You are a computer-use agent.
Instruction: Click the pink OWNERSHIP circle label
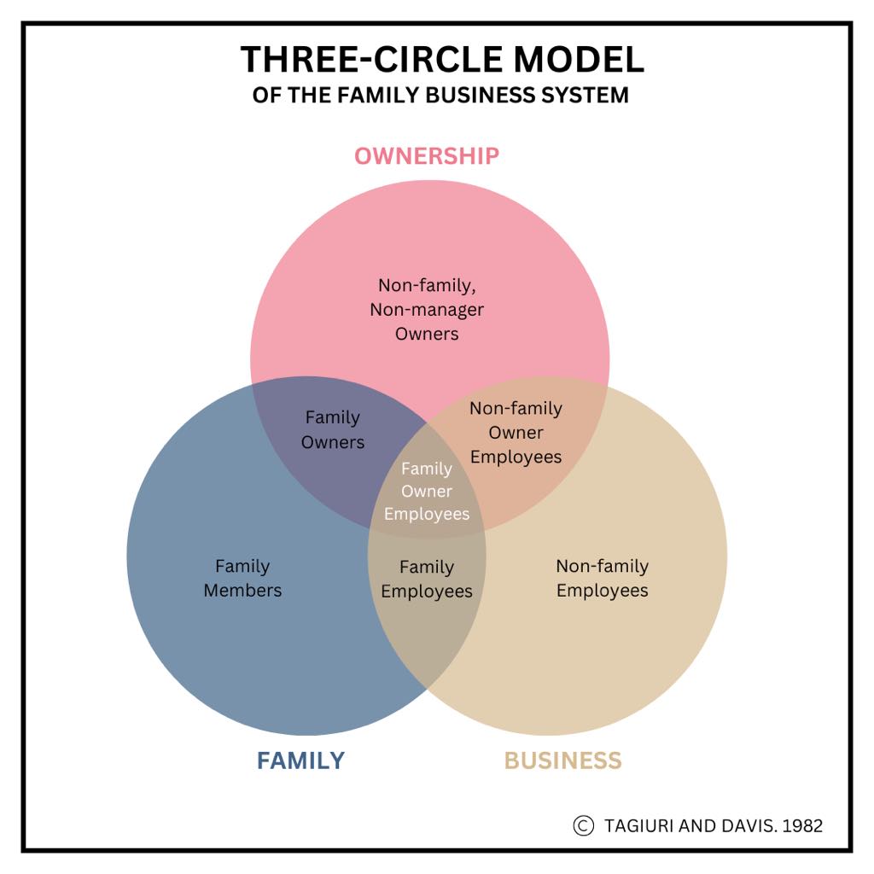point(427,156)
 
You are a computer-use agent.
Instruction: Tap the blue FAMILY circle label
point(300,760)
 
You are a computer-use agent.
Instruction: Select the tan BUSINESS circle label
point(562,760)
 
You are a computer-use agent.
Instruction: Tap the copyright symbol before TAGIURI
point(583,825)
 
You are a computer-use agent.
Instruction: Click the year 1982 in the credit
point(801,825)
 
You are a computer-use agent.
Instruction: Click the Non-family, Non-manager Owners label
point(427,309)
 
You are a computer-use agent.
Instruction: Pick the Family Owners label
point(333,429)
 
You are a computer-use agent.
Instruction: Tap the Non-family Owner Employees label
point(516,433)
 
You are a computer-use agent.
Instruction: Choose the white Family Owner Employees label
point(427,491)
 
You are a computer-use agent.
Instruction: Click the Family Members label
point(242,578)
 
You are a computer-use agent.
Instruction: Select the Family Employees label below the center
point(427,579)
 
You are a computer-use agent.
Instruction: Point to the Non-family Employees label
point(602,578)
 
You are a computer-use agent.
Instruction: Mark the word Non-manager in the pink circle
point(427,309)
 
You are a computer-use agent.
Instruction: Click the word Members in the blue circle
point(242,590)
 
